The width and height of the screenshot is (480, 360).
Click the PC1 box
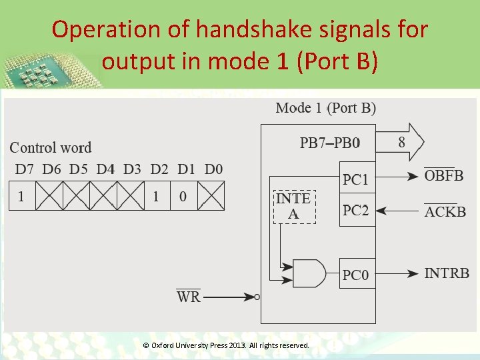357,178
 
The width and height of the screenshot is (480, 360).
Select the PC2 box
357,211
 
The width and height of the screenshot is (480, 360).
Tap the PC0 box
357,273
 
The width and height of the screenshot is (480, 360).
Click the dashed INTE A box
293,206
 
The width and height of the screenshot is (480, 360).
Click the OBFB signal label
444,176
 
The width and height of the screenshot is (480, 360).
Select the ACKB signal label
445,212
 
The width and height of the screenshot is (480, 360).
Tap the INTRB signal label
447,273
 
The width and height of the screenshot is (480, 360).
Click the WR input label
189,297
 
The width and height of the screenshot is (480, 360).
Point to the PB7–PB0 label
330,143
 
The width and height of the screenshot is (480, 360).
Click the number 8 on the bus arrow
401,142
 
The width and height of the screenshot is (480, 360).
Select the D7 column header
23,169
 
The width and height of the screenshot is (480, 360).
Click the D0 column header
213,169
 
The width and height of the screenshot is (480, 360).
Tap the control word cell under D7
22,197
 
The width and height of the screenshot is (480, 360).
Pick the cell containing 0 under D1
183,197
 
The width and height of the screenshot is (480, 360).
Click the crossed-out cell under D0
211,197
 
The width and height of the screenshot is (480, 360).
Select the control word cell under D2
156,197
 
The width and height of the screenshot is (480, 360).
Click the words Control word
51,148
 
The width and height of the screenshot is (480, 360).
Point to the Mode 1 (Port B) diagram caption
325,108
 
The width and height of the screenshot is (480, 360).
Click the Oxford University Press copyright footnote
227,345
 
